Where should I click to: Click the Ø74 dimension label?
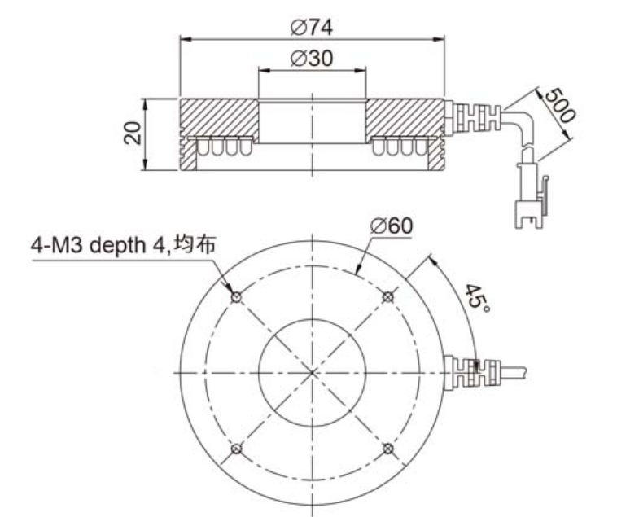(x=311, y=28)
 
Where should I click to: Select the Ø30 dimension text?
(x=311, y=59)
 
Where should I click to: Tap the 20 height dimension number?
(x=133, y=133)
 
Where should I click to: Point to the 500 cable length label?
(x=559, y=106)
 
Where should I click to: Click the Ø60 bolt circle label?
(x=392, y=226)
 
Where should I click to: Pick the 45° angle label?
(x=477, y=298)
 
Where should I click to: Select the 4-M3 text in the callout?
(x=58, y=246)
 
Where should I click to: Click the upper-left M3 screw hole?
(x=236, y=297)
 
